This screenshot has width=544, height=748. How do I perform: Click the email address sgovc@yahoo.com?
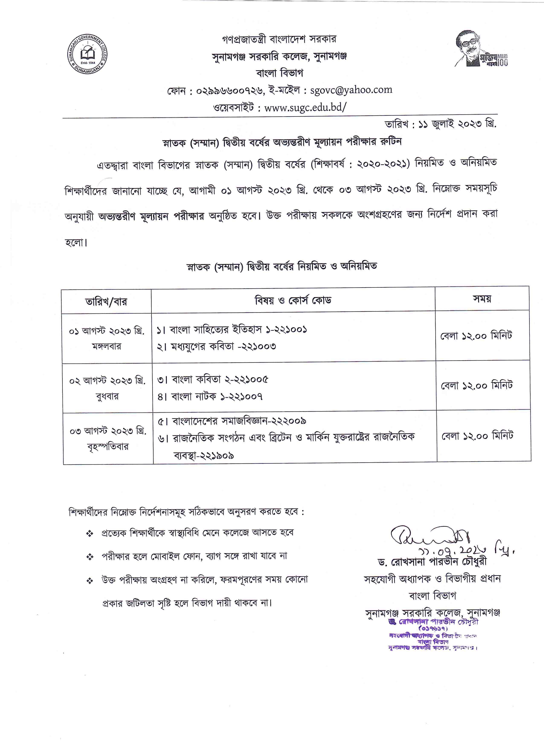(x=351, y=90)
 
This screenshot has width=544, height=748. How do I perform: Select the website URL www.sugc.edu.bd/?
(x=305, y=107)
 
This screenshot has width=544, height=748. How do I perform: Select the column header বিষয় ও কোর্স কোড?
(x=293, y=300)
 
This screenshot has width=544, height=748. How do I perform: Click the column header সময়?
(x=482, y=299)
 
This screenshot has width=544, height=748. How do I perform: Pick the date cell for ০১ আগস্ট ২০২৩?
(x=107, y=331)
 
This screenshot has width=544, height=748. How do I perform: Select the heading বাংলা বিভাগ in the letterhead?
(x=279, y=73)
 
